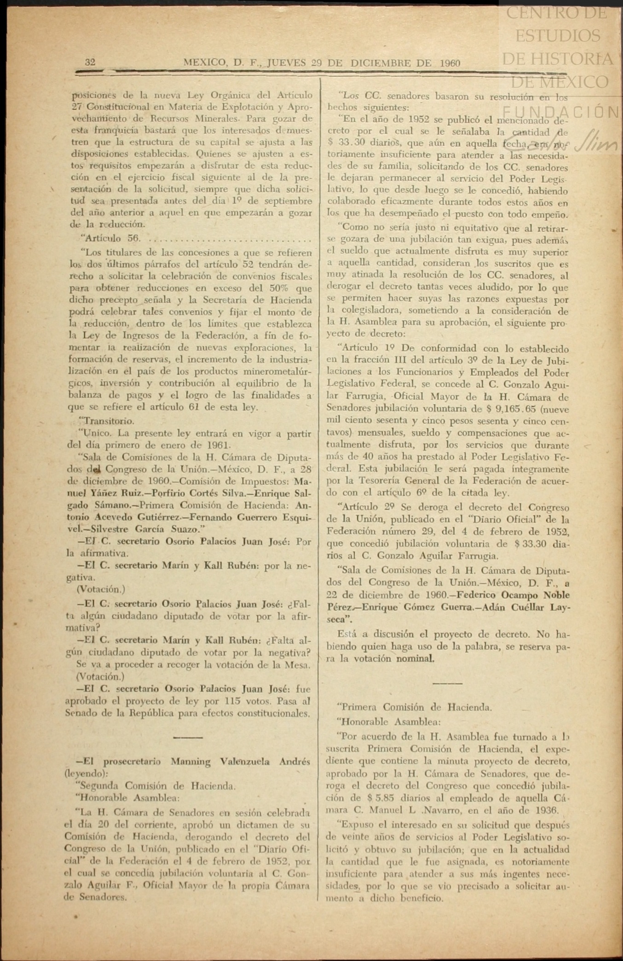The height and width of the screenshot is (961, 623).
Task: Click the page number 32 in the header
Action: point(90,63)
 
